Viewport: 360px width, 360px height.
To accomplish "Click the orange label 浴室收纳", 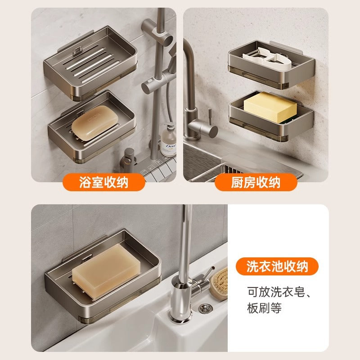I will tap(103, 182).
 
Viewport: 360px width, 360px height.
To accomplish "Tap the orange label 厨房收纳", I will tap(256, 182).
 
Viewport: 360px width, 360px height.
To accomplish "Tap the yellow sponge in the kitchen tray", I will tap(270, 108).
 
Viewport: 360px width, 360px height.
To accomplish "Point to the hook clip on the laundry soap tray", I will tap(86, 258).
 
